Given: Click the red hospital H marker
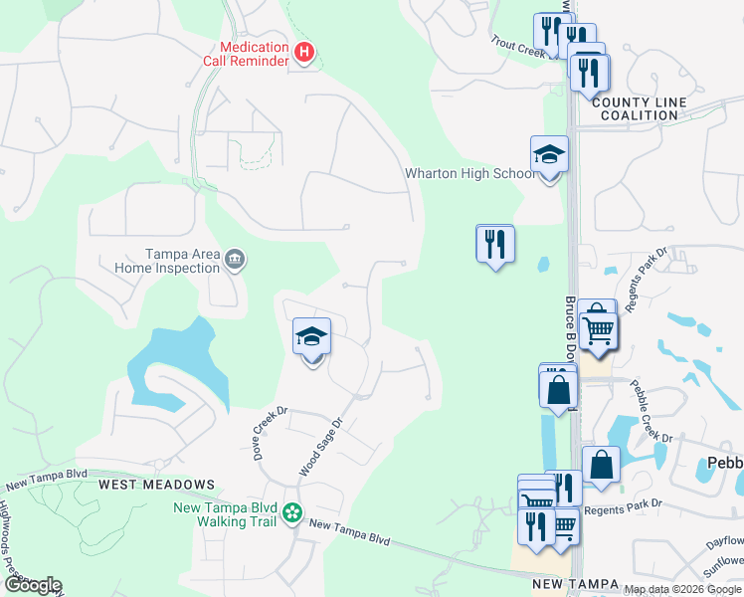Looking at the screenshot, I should (305, 51).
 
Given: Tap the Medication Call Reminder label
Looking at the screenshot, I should (255, 54).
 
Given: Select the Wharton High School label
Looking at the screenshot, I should (469, 174).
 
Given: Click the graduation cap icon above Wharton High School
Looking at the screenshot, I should (549, 155).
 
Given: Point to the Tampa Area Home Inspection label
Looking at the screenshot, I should (167, 261).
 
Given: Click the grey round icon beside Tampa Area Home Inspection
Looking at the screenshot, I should (236, 261).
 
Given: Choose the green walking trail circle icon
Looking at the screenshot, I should (291, 512).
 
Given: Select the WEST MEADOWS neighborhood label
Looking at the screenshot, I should (156, 485).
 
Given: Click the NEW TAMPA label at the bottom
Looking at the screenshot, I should (576, 584).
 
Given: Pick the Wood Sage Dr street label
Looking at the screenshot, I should (321, 446).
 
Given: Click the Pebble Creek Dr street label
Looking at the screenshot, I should (652, 411).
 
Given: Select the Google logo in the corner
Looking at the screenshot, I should (33, 585).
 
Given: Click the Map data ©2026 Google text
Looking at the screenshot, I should (682, 589).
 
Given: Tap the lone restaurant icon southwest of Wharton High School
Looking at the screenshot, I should (495, 244).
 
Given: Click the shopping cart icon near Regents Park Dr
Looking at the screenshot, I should (598, 327).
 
